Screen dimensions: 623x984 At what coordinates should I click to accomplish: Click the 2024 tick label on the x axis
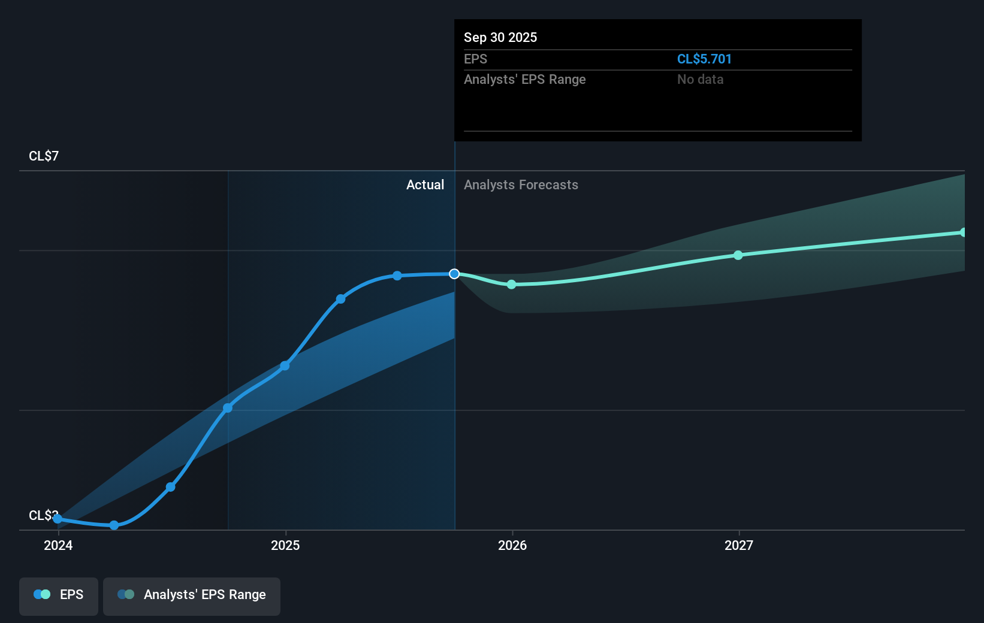click(x=58, y=545)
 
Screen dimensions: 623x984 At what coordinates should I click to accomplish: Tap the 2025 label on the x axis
click(x=285, y=545)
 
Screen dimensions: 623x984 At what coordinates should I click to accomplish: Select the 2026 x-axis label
click(x=512, y=545)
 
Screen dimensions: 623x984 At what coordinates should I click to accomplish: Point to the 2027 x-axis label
click(x=739, y=545)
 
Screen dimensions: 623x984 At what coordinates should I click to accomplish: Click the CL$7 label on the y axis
click(x=44, y=156)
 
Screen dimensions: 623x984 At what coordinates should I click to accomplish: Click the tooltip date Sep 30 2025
click(x=500, y=38)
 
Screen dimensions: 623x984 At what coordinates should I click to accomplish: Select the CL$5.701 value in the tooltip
click(x=704, y=59)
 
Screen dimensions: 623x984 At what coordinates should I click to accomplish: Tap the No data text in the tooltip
click(x=700, y=80)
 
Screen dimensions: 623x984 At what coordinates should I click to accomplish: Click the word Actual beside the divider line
click(x=425, y=185)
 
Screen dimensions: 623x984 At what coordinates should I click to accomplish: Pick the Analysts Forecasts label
click(x=521, y=185)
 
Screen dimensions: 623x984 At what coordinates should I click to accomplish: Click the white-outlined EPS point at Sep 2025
click(x=454, y=274)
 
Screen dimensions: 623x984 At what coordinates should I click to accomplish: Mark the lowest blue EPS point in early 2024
click(x=114, y=525)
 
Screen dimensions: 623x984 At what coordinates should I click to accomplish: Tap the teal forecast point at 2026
click(x=511, y=285)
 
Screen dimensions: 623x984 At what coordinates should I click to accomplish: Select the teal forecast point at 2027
click(x=738, y=255)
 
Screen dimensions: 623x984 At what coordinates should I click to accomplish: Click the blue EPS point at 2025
click(x=285, y=365)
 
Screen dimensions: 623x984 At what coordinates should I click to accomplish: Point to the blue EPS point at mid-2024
click(x=171, y=487)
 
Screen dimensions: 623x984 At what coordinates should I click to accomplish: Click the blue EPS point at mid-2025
click(x=397, y=276)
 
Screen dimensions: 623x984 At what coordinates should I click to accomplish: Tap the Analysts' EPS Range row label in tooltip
click(x=524, y=80)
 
